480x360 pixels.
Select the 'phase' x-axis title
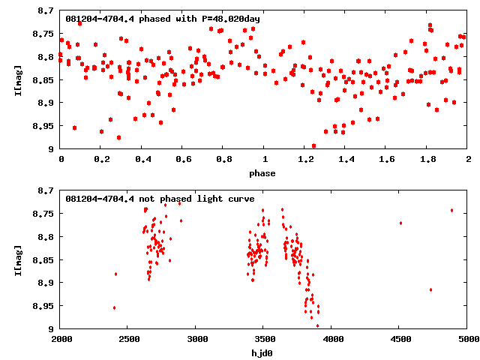click(264, 173)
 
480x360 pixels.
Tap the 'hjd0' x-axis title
click(264, 353)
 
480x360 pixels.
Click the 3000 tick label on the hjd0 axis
click(196, 340)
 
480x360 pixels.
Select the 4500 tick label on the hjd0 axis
click(400, 340)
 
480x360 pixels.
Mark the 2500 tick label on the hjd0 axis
click(128, 340)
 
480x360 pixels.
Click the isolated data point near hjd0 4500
click(400, 223)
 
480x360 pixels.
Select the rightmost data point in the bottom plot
click(451, 210)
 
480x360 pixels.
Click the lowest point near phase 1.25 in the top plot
click(313, 146)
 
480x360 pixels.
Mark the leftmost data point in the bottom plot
click(114, 307)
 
